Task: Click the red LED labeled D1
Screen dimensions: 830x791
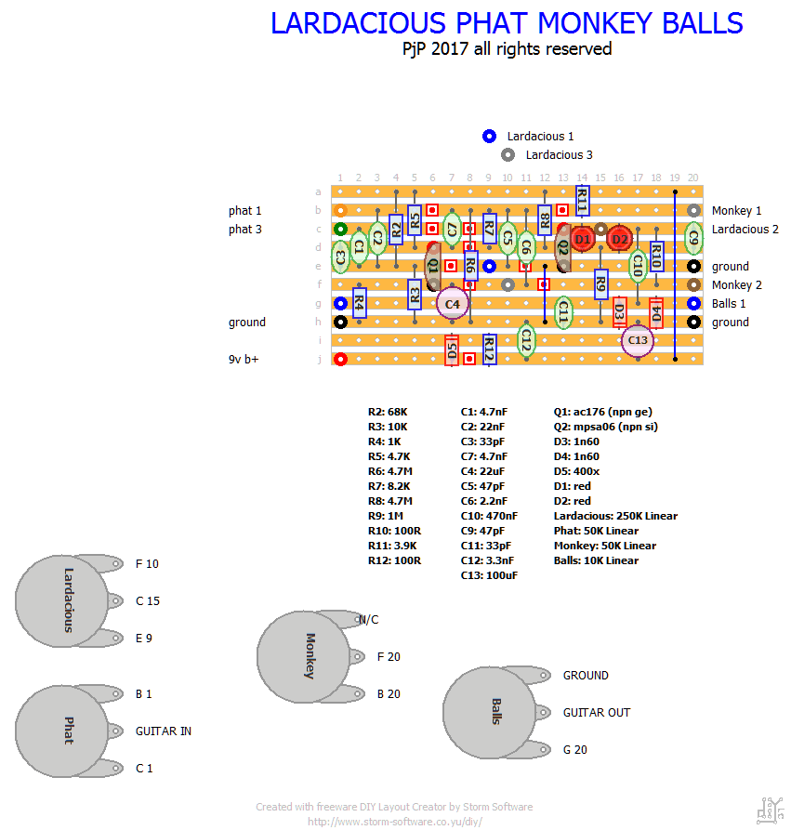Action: pyautogui.click(x=583, y=239)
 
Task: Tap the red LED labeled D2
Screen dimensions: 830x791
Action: pyautogui.click(x=619, y=239)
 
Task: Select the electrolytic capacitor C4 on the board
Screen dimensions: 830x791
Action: pyautogui.click(x=453, y=303)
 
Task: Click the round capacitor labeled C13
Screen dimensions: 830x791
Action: pyautogui.click(x=638, y=340)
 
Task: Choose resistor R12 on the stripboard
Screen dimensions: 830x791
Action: pyautogui.click(x=490, y=349)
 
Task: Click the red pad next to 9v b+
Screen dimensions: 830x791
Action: pyautogui.click(x=341, y=359)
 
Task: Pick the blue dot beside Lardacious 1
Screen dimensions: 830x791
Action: pyautogui.click(x=490, y=136)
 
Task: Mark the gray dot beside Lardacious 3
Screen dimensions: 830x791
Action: pyautogui.click(x=508, y=154)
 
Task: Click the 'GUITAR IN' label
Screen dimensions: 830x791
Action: pyautogui.click(x=164, y=731)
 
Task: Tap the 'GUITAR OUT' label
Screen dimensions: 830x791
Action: pyautogui.click(x=597, y=713)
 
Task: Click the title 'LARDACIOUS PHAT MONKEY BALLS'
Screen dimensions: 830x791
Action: pyautogui.click(x=507, y=23)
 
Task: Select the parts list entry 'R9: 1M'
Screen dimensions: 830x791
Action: pyautogui.click(x=386, y=516)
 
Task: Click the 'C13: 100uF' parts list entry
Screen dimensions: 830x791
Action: pyautogui.click(x=491, y=575)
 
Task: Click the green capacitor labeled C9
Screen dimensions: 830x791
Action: pyautogui.click(x=693, y=238)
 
